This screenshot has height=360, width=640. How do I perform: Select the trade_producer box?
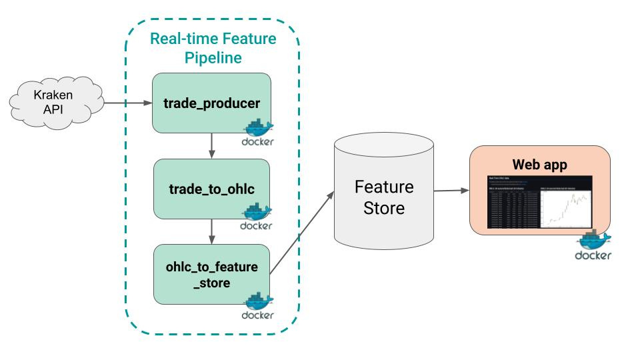coord(212,103)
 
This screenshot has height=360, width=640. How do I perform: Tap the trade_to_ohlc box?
coord(212,189)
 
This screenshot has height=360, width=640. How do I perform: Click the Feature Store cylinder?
coord(383,197)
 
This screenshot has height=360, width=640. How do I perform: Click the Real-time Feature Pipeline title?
coord(213,48)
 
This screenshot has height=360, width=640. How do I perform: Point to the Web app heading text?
coord(539,163)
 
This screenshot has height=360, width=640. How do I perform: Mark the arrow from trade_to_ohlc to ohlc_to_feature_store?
coord(212,230)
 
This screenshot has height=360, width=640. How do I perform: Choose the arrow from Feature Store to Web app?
coord(451,191)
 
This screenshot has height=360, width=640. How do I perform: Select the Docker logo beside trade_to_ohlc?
coord(257,217)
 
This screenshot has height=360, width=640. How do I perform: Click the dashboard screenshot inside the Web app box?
coord(539,202)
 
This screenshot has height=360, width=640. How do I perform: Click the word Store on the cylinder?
coord(383,208)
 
